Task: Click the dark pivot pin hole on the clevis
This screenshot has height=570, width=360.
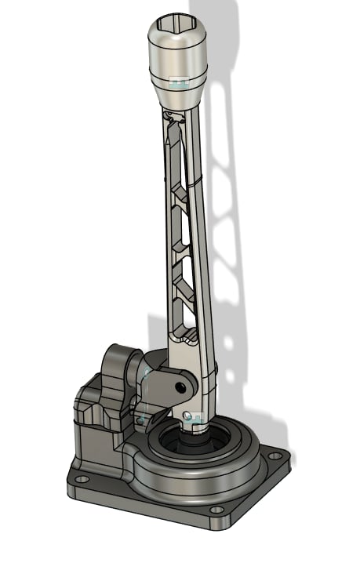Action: [182, 387]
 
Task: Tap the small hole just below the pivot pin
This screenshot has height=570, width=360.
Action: [187, 413]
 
